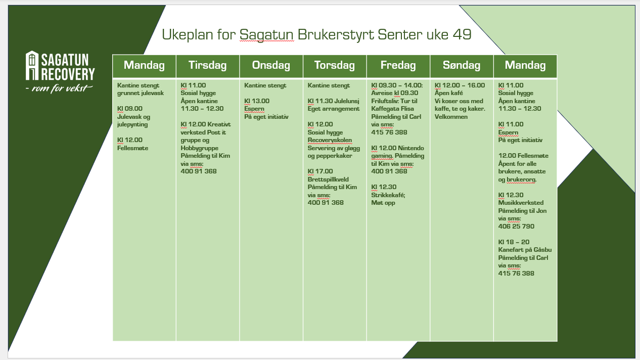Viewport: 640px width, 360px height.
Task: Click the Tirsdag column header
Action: coord(207,65)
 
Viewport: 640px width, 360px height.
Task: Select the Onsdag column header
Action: coord(271,65)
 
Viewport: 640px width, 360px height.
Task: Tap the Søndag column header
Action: coord(462,65)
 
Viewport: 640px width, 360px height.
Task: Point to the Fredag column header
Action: coord(398,65)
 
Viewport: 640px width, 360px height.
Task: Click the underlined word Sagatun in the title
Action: coord(266,35)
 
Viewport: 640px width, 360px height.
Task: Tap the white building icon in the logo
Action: coord(32,65)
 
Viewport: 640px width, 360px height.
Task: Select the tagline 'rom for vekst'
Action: coord(62,88)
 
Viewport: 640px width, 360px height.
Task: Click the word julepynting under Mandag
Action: coord(132,124)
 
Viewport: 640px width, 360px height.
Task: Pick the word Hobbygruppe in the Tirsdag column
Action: coord(199,148)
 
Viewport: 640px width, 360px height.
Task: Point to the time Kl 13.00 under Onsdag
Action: coord(257,101)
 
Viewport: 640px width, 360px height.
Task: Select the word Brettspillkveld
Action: coord(328,179)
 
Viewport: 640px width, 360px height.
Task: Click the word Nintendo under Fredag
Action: coord(411,148)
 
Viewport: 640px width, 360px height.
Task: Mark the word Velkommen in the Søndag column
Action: coord(451,117)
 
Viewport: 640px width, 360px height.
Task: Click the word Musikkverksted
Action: coord(521,203)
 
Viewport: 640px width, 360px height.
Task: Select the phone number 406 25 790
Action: coord(516,227)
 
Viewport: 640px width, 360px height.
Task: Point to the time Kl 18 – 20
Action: coord(514,242)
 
